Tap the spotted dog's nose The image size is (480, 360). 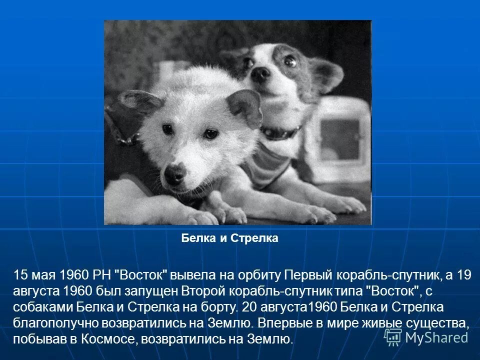[259, 74]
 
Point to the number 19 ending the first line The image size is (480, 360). [464, 275]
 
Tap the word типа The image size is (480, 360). [345, 290]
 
